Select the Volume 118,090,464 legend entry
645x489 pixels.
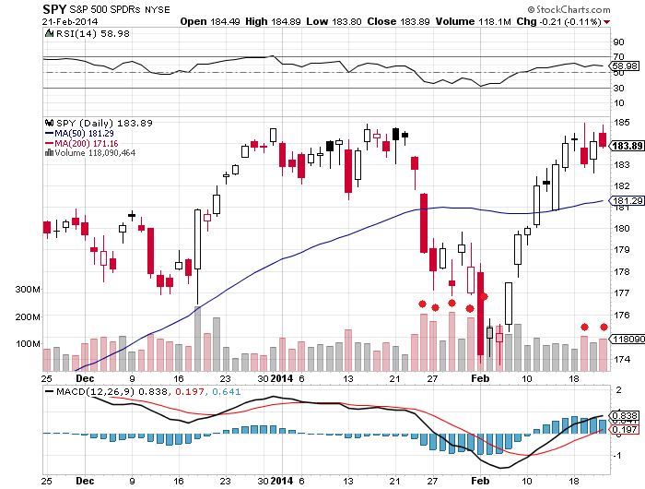pyautogui.click(x=88, y=153)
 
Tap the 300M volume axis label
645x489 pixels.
pyautogui.click(x=29, y=290)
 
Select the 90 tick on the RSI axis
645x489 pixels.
pyautogui.click(x=617, y=41)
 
